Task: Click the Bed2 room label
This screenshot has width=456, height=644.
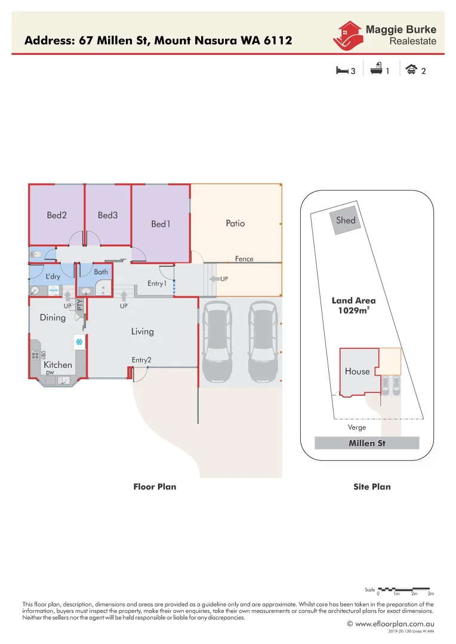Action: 57,215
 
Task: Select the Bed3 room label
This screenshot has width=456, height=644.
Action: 107,215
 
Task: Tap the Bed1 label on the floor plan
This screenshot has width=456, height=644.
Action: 161,224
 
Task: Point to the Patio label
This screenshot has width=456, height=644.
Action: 235,224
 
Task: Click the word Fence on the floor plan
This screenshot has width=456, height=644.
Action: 244,259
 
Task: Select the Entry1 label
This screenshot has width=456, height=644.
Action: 157,284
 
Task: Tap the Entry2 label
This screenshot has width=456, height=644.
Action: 141,360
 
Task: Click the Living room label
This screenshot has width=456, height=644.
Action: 143,332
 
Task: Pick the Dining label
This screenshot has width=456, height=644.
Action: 53,318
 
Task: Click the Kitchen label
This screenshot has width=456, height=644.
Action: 58,364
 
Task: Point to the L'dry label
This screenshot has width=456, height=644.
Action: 53,277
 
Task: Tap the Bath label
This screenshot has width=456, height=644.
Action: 101,272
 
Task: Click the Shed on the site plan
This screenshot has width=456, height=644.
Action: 346,221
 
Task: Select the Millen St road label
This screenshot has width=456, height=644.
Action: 367,443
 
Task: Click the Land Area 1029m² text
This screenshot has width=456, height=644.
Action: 354,305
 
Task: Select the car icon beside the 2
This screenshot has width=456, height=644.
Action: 411,70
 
